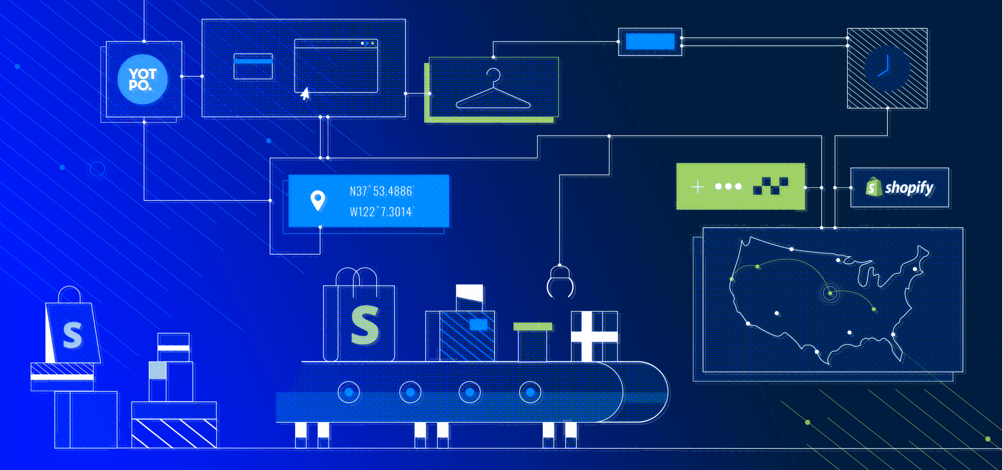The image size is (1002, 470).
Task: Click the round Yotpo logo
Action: coord(142,80)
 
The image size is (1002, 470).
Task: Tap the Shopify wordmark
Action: coord(909,188)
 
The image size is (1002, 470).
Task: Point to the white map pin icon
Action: coord(317,200)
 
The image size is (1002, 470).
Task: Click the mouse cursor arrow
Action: coord(305,94)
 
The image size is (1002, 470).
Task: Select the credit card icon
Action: coord(253,66)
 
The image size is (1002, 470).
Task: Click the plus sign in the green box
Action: coord(697,187)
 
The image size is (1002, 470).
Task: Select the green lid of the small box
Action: coord(532,326)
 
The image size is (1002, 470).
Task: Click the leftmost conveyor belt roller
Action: coord(348,392)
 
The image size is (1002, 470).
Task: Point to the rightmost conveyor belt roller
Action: coord(530,392)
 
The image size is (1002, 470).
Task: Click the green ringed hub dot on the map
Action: coord(830,293)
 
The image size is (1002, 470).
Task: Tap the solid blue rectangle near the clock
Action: coord(650,42)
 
